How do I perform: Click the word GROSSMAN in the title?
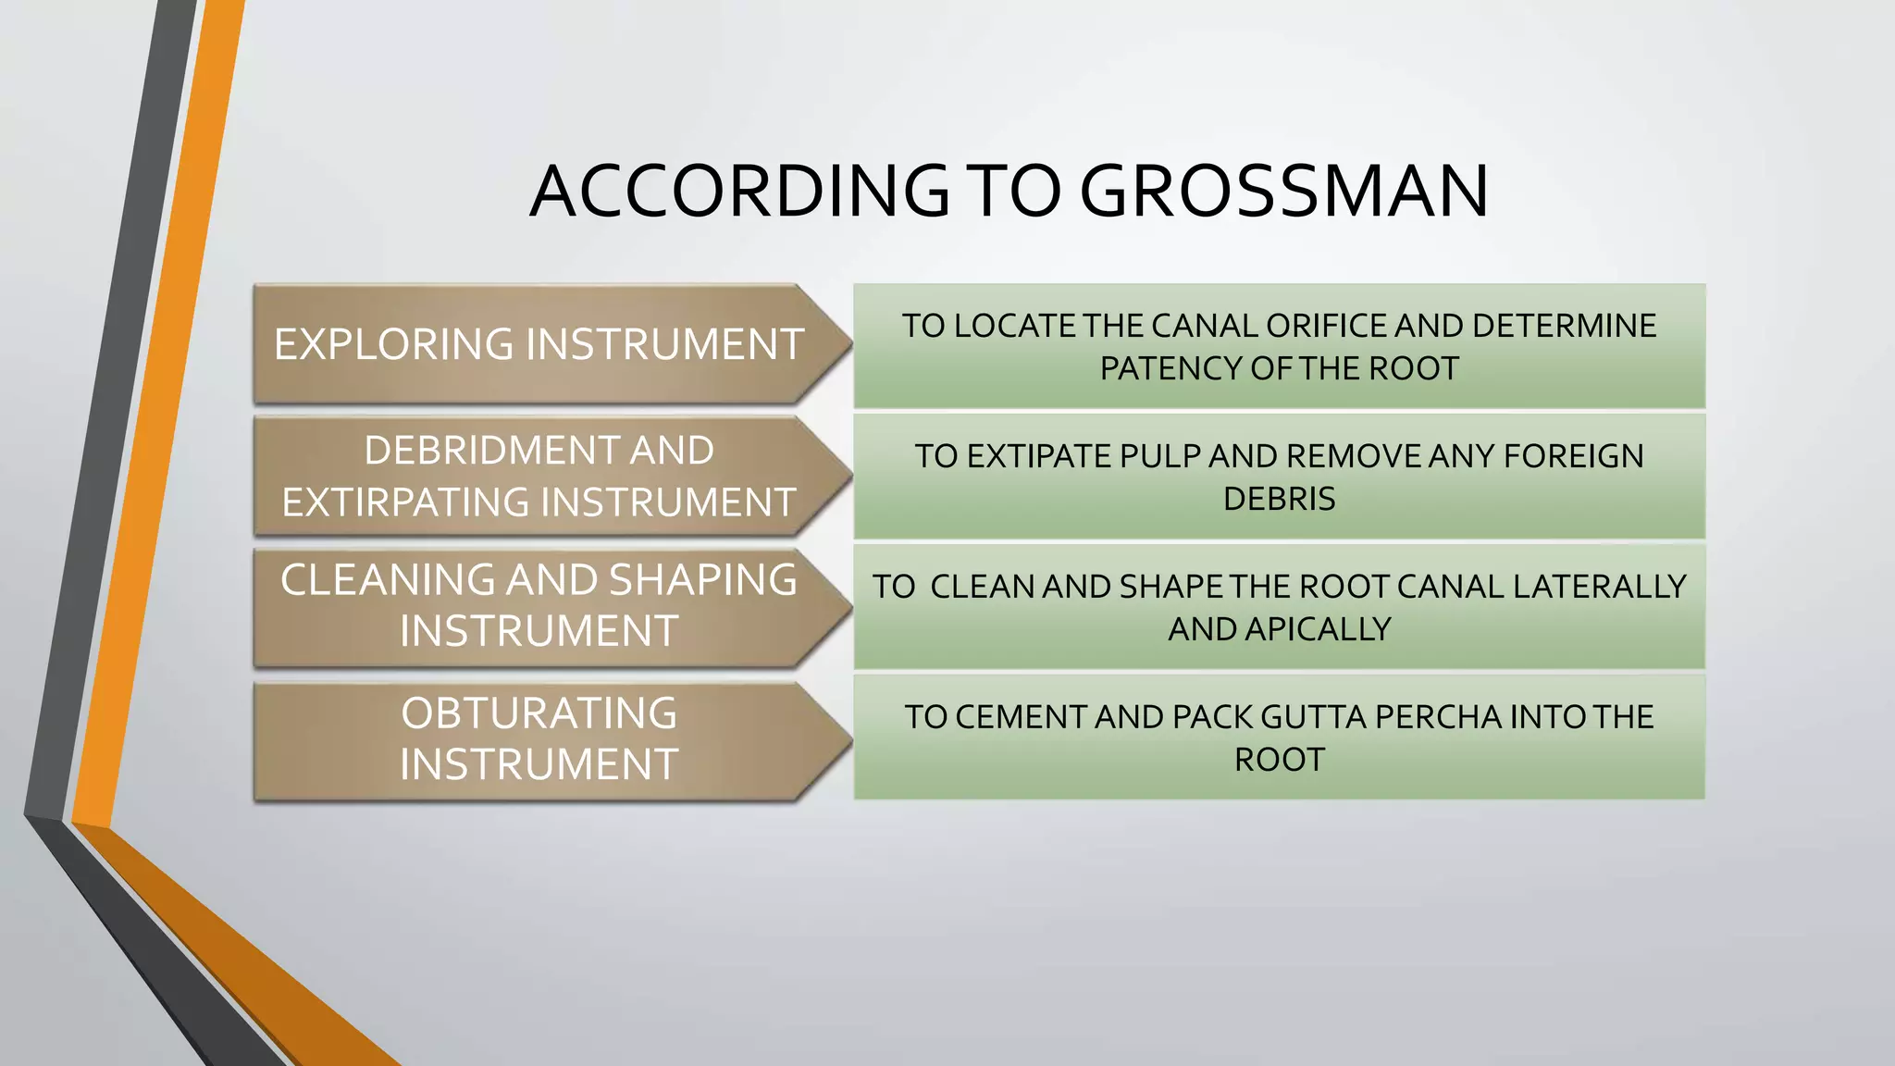click(x=1283, y=192)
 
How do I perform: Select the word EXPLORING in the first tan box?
click(x=393, y=344)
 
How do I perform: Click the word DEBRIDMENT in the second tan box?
click(x=490, y=451)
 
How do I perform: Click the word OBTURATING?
click(x=539, y=713)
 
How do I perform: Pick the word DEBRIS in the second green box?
click(x=1279, y=499)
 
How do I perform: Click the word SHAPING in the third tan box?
click(x=702, y=580)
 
